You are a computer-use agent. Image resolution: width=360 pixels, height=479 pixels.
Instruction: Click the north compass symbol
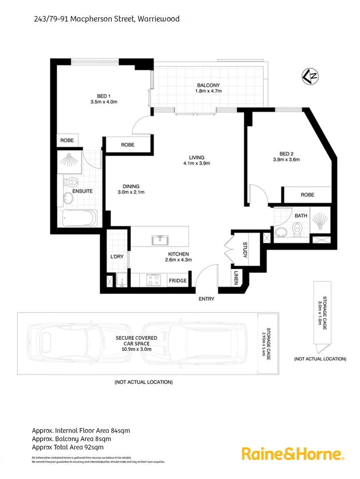(x=310, y=76)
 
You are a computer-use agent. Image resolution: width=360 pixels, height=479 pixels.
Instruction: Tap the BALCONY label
(x=208, y=85)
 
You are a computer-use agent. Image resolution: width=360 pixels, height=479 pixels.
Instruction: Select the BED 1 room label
(x=103, y=96)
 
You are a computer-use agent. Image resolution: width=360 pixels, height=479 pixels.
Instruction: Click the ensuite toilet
(x=71, y=182)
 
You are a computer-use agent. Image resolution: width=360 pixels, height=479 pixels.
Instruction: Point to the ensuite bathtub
(x=79, y=218)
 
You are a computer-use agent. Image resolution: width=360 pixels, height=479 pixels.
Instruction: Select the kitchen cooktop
(x=154, y=280)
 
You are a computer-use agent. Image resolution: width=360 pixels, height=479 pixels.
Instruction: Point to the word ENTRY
(x=207, y=299)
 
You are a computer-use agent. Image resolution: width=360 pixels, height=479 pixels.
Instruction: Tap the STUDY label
(x=245, y=250)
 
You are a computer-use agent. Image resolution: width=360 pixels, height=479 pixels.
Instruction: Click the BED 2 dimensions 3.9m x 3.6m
(x=287, y=160)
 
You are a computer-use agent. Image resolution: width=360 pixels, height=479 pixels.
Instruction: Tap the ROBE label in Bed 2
(x=307, y=195)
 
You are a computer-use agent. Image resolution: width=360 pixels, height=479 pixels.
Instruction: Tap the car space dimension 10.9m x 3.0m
(x=137, y=349)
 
